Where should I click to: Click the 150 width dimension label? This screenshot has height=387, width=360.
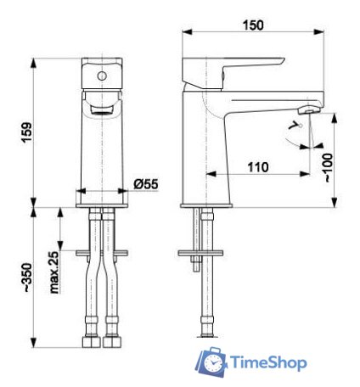[x=253, y=25]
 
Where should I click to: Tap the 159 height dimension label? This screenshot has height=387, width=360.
[x=27, y=132]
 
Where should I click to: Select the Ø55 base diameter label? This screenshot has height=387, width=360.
[x=146, y=184]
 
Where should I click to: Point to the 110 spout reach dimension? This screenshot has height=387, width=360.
[x=258, y=167]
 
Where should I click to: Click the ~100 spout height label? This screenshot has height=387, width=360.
[x=328, y=167]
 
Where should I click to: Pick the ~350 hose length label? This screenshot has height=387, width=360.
[x=28, y=278]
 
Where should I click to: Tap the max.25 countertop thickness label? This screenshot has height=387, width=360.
[x=53, y=272]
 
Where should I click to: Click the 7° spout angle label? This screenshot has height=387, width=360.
[x=295, y=125]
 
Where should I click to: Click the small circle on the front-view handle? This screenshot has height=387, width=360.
[x=102, y=76]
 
